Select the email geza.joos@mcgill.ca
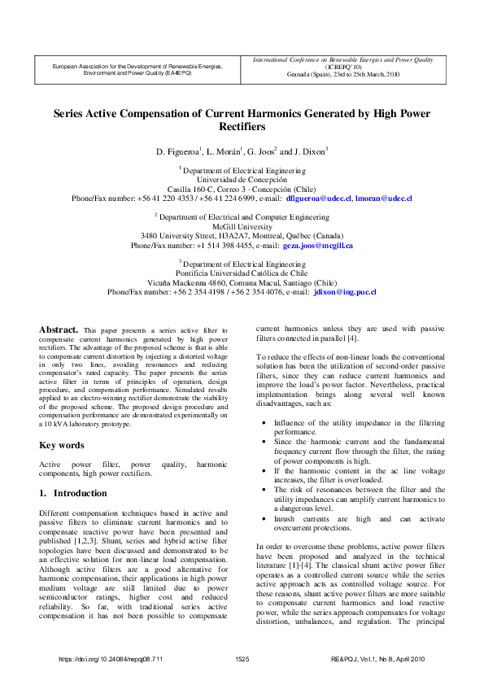click(317, 245)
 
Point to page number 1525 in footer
click(242, 659)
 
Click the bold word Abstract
click(59, 329)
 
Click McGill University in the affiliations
click(242, 227)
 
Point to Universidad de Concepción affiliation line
click(242, 179)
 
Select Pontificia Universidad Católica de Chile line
click(242, 273)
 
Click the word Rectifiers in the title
click(242, 128)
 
